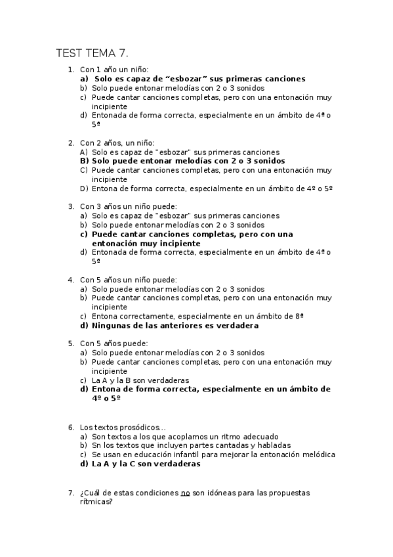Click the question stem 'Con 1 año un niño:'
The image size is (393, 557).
click(x=114, y=69)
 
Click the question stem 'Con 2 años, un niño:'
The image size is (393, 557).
click(x=117, y=142)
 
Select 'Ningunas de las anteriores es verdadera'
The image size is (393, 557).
click(x=175, y=325)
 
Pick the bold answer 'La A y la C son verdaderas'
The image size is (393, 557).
click(x=146, y=463)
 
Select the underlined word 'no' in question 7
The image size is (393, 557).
click(x=185, y=492)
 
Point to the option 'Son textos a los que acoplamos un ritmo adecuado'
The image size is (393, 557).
click(x=185, y=436)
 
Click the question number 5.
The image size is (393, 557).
click(x=71, y=343)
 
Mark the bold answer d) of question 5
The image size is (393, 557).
click(x=211, y=393)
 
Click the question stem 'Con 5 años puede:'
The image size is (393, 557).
click(x=114, y=343)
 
